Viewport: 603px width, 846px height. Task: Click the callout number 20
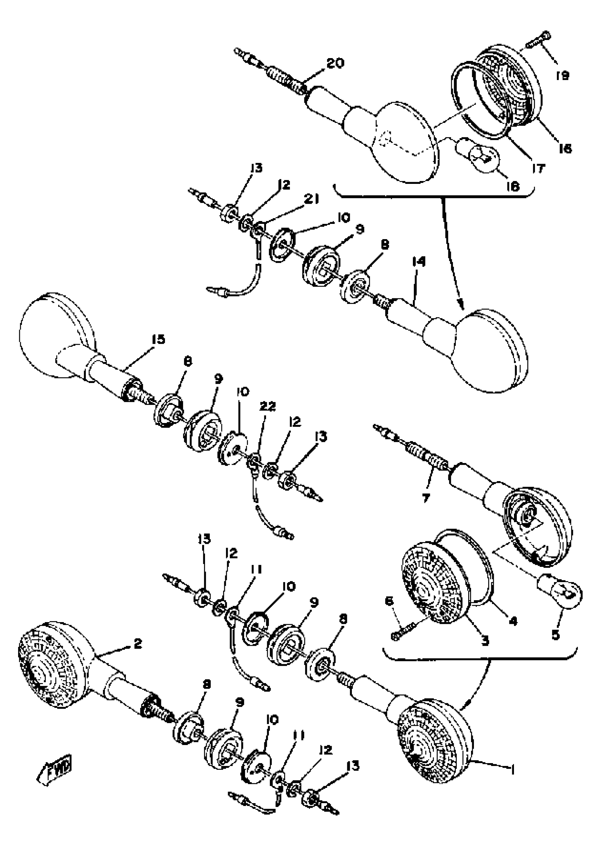click(335, 63)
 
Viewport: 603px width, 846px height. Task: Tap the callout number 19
click(563, 76)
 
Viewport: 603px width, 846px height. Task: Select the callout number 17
click(538, 169)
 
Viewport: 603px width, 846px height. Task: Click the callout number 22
click(268, 406)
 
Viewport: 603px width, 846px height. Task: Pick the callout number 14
click(419, 262)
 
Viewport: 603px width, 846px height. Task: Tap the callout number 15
click(158, 339)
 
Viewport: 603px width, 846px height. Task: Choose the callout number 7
click(426, 498)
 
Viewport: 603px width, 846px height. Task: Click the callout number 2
click(138, 643)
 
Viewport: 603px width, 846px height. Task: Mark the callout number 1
click(513, 770)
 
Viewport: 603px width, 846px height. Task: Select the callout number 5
click(555, 635)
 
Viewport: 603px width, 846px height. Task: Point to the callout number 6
click(389, 601)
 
